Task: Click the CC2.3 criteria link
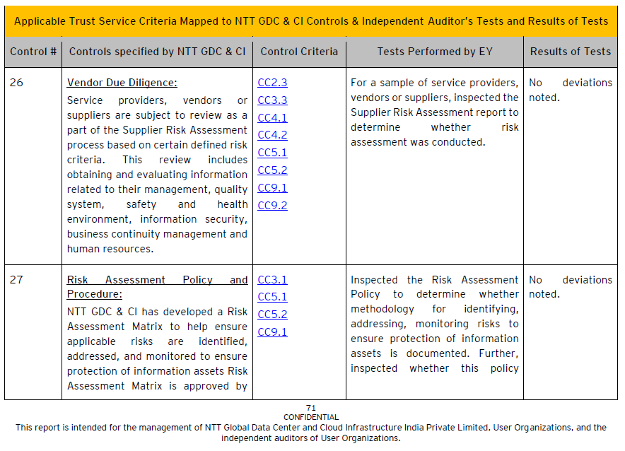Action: [272, 83]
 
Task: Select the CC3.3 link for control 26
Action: [272, 100]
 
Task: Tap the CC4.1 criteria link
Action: [272, 118]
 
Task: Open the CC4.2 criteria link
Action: [272, 135]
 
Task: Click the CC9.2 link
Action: [272, 206]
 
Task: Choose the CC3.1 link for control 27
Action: [272, 280]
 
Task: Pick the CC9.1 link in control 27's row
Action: [272, 332]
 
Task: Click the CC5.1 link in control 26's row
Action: [272, 153]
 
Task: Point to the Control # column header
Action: [33, 52]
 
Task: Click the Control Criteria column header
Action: [299, 52]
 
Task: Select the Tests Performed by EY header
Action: [435, 52]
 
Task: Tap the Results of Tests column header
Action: [571, 52]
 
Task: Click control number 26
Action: [16, 83]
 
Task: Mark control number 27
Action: [16, 280]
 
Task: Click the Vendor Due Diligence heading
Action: [122, 83]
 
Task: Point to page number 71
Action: [311, 408]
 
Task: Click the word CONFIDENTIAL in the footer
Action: [311, 417]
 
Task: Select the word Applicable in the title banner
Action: [41, 21]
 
